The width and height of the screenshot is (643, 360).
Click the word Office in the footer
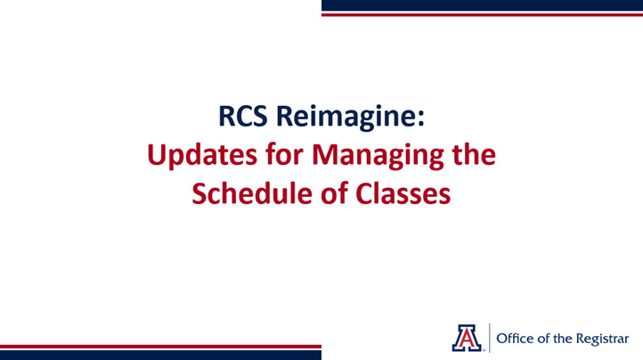coord(515,337)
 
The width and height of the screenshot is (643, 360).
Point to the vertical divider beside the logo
coord(489,336)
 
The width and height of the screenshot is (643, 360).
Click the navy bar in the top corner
coord(481,4)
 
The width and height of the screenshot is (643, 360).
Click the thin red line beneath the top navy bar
coord(481,14)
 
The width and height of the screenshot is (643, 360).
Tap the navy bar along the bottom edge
coord(160,355)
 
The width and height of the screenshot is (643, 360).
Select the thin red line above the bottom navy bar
coord(160,346)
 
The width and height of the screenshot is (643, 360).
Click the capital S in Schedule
coord(201,193)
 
